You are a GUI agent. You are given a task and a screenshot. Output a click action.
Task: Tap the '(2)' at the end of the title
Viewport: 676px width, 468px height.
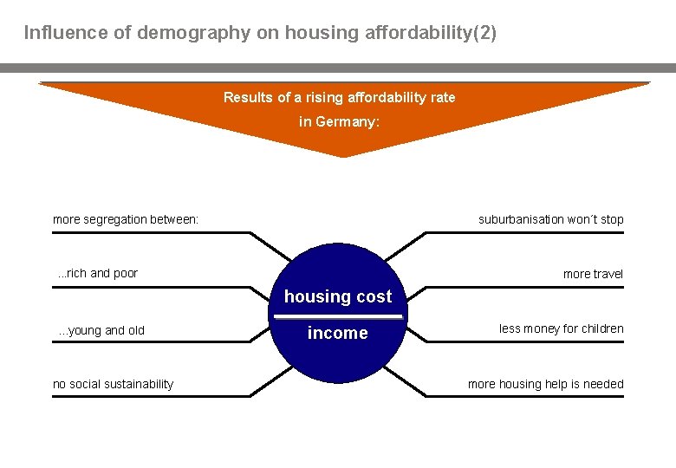[484, 34]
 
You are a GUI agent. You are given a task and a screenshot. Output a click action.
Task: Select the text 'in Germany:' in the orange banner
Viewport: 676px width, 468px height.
[339, 122]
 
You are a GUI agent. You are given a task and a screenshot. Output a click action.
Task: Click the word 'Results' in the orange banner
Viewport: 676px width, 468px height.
[248, 97]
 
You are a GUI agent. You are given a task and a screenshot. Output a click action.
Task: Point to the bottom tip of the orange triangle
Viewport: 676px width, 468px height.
[344, 156]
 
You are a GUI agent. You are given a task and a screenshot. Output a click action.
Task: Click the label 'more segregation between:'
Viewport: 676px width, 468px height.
[126, 219]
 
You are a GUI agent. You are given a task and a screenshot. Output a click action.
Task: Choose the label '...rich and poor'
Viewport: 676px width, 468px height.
[98, 274]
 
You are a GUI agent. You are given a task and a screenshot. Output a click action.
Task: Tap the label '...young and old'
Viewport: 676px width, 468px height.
[101, 330]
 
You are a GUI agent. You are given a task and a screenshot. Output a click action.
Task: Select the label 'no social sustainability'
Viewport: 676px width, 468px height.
[113, 384]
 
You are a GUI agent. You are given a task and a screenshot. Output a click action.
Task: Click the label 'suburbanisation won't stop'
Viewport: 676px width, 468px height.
[550, 219]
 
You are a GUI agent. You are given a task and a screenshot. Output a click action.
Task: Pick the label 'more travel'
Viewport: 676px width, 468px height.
[593, 274]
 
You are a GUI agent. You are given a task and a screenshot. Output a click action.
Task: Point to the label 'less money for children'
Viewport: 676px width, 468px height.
[561, 328]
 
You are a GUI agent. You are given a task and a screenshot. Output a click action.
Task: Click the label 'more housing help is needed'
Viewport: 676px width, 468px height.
[545, 384]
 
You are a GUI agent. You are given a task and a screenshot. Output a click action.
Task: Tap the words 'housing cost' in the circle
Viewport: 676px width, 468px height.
[338, 296]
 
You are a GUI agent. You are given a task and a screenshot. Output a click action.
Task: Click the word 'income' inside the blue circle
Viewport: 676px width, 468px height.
[337, 334]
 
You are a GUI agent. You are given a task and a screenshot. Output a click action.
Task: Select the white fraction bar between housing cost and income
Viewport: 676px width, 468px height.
[339, 315]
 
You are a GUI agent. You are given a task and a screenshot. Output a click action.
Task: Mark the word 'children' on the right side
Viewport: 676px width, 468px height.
[601, 328]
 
